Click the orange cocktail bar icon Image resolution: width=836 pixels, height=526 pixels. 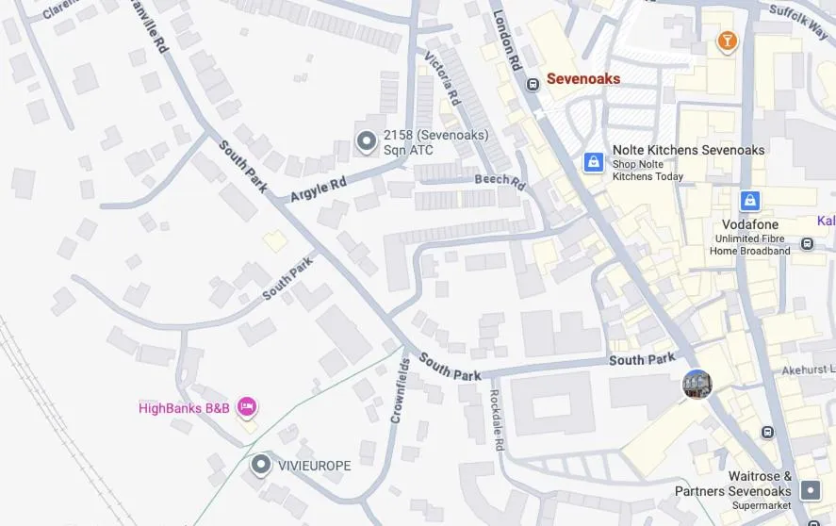pos(727,41)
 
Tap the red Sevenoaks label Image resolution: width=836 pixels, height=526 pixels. pos(583,79)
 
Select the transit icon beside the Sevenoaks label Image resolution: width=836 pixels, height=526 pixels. pos(533,85)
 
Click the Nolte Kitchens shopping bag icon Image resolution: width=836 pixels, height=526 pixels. pos(594,162)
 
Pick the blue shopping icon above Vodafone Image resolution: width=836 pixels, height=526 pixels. pos(749,200)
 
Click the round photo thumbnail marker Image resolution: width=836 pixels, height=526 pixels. pos(697,384)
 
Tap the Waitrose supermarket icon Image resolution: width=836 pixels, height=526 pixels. pos(810,490)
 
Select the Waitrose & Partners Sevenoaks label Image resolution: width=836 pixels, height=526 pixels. pos(733,485)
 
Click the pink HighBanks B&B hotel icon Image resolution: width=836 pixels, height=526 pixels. pos(246,407)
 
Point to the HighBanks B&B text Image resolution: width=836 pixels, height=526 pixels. pos(184,408)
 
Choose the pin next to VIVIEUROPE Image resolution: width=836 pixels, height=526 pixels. pos(261,465)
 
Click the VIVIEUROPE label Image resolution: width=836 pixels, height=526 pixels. pos(315,466)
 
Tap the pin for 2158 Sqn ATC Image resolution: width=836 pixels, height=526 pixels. pos(366,141)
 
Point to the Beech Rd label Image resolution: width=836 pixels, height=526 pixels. pos(500,180)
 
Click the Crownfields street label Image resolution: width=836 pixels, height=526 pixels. pos(400,389)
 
